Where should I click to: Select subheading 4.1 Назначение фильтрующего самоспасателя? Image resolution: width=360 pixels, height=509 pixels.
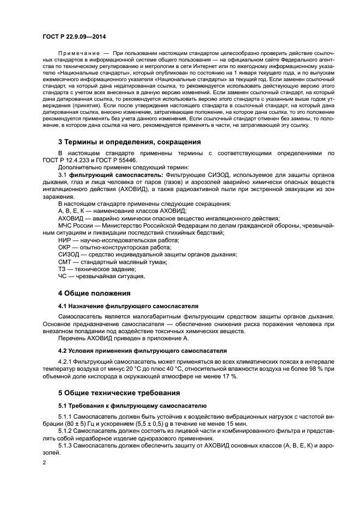point(129,306)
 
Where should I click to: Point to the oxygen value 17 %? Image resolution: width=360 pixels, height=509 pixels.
point(229,377)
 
